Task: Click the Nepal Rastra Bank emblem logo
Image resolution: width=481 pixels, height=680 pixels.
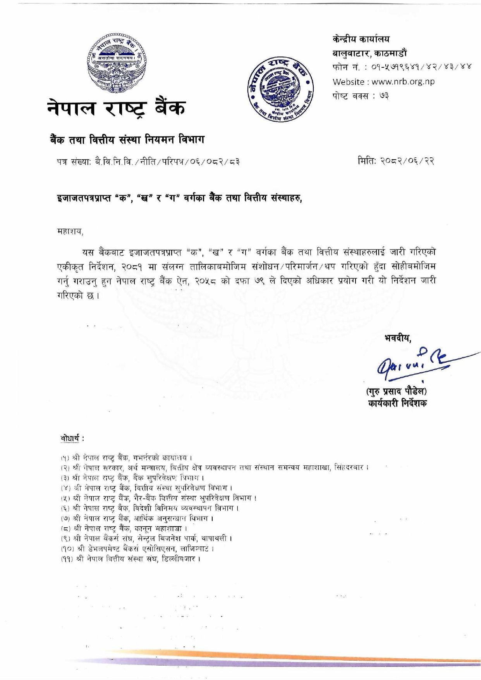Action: pos(117,64)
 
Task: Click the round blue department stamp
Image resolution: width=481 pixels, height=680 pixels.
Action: pos(280,89)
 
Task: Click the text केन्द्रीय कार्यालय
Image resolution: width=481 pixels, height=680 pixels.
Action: pos(361,39)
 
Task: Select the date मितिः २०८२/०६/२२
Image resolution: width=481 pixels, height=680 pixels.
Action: pos(396,160)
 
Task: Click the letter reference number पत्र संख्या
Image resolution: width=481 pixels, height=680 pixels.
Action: pos(148,161)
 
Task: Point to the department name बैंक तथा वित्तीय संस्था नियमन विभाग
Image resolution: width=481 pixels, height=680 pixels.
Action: pos(127,139)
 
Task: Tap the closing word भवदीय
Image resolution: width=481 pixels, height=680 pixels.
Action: pos(397,337)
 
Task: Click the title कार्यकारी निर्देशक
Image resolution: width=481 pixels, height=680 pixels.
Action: pos(397,403)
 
